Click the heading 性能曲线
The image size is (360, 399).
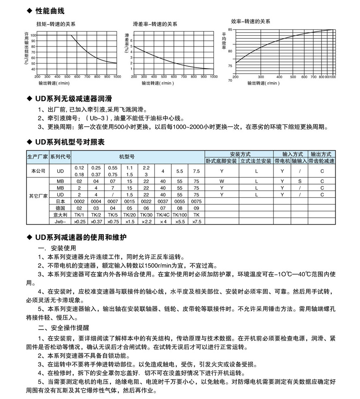tap(50, 11)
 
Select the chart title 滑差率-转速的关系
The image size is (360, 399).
tap(155, 24)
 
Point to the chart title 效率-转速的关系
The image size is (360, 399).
tap(250, 21)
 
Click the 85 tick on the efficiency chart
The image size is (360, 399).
tap(230, 30)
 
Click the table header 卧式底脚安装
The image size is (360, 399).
tap(221, 161)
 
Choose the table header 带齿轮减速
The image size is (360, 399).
tap(322, 161)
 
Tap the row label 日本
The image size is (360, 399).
tap(60, 201)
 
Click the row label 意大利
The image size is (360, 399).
tap(60, 214)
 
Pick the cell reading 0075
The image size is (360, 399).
tap(196, 201)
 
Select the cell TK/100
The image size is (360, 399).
tap(180, 214)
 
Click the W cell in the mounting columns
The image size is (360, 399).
tap(222, 181)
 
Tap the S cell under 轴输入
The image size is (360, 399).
tap(299, 181)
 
